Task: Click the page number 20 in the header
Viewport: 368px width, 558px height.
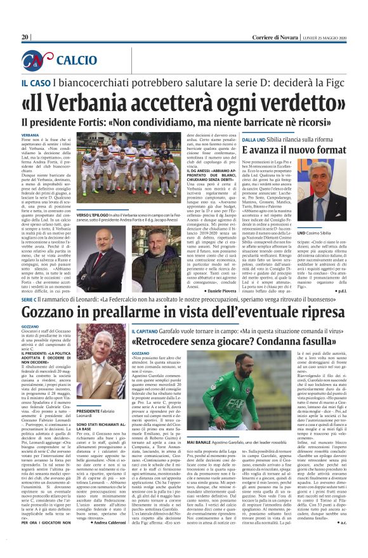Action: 26,37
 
